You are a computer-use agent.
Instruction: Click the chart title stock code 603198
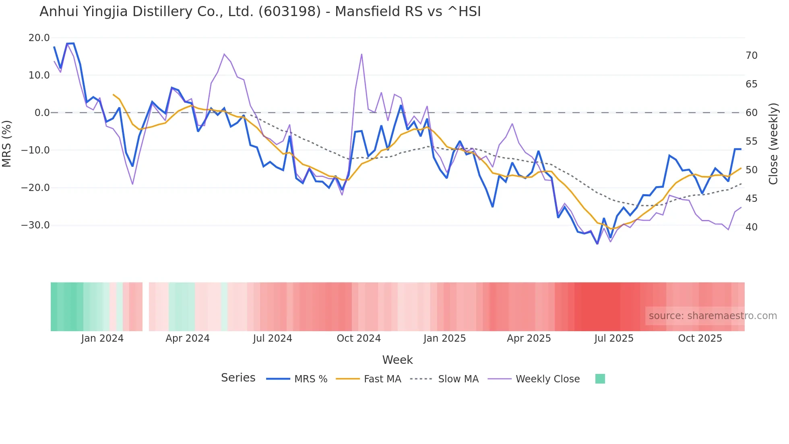(x=289, y=12)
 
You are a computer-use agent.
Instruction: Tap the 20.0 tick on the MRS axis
(x=39, y=38)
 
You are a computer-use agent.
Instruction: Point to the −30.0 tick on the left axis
(x=35, y=225)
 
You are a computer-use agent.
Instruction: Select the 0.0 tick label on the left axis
(x=42, y=113)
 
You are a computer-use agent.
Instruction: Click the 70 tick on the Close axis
(x=751, y=56)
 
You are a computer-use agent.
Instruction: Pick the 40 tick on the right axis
(x=751, y=227)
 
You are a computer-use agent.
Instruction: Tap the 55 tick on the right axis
(x=751, y=141)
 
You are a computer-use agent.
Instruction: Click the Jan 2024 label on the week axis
(x=102, y=338)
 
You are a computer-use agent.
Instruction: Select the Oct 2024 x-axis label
(x=359, y=338)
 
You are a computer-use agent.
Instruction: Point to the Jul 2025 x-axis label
(x=614, y=338)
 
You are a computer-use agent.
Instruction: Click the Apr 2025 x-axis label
(x=529, y=338)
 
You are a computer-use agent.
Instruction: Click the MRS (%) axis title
(x=7, y=143)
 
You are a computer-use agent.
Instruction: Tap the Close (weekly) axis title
(x=773, y=144)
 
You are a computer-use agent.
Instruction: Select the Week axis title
(x=397, y=360)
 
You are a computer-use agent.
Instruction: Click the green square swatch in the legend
(x=600, y=379)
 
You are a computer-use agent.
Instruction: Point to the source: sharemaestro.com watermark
(x=713, y=316)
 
